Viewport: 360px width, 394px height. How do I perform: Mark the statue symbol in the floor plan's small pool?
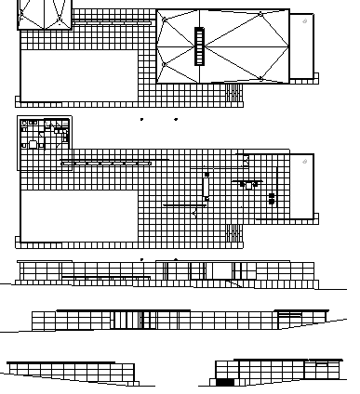[302, 160]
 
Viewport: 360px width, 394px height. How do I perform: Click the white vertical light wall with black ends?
[207, 185]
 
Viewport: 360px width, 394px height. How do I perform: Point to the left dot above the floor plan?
[141, 120]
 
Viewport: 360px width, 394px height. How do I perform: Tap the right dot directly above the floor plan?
[176, 120]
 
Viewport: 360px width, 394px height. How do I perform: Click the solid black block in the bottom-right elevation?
[225, 382]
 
